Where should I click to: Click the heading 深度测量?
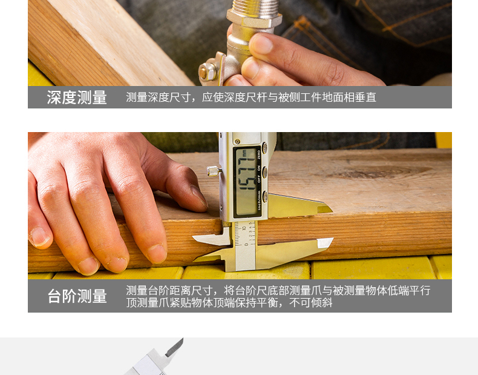click(x=77, y=98)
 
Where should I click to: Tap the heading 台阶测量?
click(x=77, y=296)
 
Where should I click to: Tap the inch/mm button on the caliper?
click(x=265, y=196)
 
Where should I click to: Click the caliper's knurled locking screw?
click(x=214, y=171)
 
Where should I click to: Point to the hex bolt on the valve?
click(x=208, y=72)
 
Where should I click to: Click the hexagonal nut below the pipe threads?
click(x=254, y=20)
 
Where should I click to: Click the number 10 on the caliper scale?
click(x=244, y=228)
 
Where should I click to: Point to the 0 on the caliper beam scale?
click(x=246, y=244)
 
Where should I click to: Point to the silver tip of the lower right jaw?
click(x=325, y=243)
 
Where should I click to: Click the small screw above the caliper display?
click(x=237, y=142)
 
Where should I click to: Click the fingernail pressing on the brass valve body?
click(x=261, y=44)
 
